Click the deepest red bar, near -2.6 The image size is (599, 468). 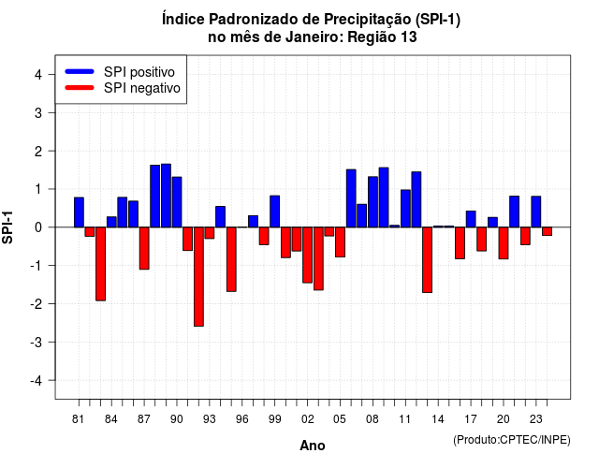click(x=198, y=277)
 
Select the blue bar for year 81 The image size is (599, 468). click(x=79, y=212)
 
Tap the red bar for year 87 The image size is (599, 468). click(x=144, y=248)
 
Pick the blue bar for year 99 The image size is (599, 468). click(x=274, y=212)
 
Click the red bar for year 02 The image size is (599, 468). click(x=308, y=255)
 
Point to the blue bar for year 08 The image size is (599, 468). click(x=373, y=202)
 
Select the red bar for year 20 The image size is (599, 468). click(x=504, y=243)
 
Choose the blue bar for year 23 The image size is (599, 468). click(x=536, y=212)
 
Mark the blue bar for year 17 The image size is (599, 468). click(x=471, y=219)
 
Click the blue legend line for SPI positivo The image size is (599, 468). click(x=80, y=71)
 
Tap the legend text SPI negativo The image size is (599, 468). click(x=141, y=88)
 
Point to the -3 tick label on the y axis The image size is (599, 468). click(x=37, y=342)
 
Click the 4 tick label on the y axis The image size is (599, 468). click(x=38, y=75)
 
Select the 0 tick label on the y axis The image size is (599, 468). click(x=38, y=227)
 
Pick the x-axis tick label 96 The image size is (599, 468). click(x=241, y=419)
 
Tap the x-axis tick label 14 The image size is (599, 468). click(x=438, y=419)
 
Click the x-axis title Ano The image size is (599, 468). click(x=313, y=446)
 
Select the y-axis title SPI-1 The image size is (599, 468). click(x=7, y=227)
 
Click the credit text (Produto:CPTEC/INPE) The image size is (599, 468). click(x=512, y=440)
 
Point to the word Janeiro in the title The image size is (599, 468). click(x=314, y=37)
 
